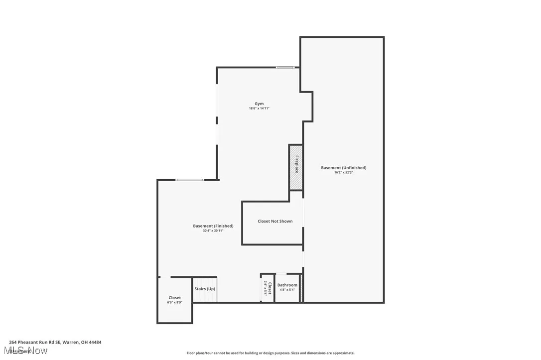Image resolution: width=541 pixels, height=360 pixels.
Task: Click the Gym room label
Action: (x=259, y=104)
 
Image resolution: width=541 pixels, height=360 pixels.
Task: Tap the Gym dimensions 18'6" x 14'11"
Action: (x=259, y=109)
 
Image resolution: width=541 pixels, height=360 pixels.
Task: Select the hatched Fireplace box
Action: (x=296, y=167)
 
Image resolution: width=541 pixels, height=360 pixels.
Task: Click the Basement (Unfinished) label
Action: (x=343, y=168)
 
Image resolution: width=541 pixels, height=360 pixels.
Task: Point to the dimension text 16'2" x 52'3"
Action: (x=343, y=173)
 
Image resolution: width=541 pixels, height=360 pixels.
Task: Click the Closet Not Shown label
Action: (x=275, y=221)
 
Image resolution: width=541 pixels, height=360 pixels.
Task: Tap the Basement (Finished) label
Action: (x=213, y=226)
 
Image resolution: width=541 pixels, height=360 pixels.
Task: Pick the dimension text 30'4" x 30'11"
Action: (x=213, y=231)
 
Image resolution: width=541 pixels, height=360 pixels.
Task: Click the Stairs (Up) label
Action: (x=205, y=289)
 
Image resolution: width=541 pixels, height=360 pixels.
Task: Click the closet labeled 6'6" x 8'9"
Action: (x=175, y=300)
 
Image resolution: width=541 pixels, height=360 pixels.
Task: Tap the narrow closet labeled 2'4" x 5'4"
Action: (x=268, y=288)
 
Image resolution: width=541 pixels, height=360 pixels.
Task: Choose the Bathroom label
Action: (x=287, y=285)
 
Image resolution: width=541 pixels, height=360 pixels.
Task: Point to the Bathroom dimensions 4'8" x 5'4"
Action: (x=287, y=290)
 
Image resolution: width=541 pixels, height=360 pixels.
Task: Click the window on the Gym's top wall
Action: (x=285, y=68)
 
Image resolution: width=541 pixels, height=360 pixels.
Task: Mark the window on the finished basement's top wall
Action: (x=189, y=180)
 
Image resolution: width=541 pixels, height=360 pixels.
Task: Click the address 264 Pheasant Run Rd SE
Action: (x=55, y=342)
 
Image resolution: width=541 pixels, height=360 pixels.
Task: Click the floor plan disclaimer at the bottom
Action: (x=270, y=353)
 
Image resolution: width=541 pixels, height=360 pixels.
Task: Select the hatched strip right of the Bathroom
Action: (x=301, y=288)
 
